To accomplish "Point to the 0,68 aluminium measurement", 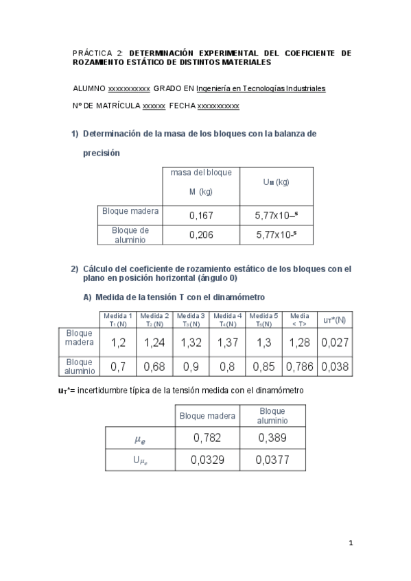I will pyautogui.click(x=155, y=367).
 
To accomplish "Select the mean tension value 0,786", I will pyautogui.click(x=299, y=367).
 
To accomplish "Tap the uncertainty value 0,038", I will pyautogui.click(x=334, y=367).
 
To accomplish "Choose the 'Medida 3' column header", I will pyautogui.click(x=191, y=319).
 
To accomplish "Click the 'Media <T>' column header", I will pyautogui.click(x=299, y=319).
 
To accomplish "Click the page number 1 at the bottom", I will pyautogui.click(x=351, y=543).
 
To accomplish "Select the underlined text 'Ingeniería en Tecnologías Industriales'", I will pyautogui.click(x=261, y=88).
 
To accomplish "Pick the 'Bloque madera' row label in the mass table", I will pyautogui.click(x=130, y=211).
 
